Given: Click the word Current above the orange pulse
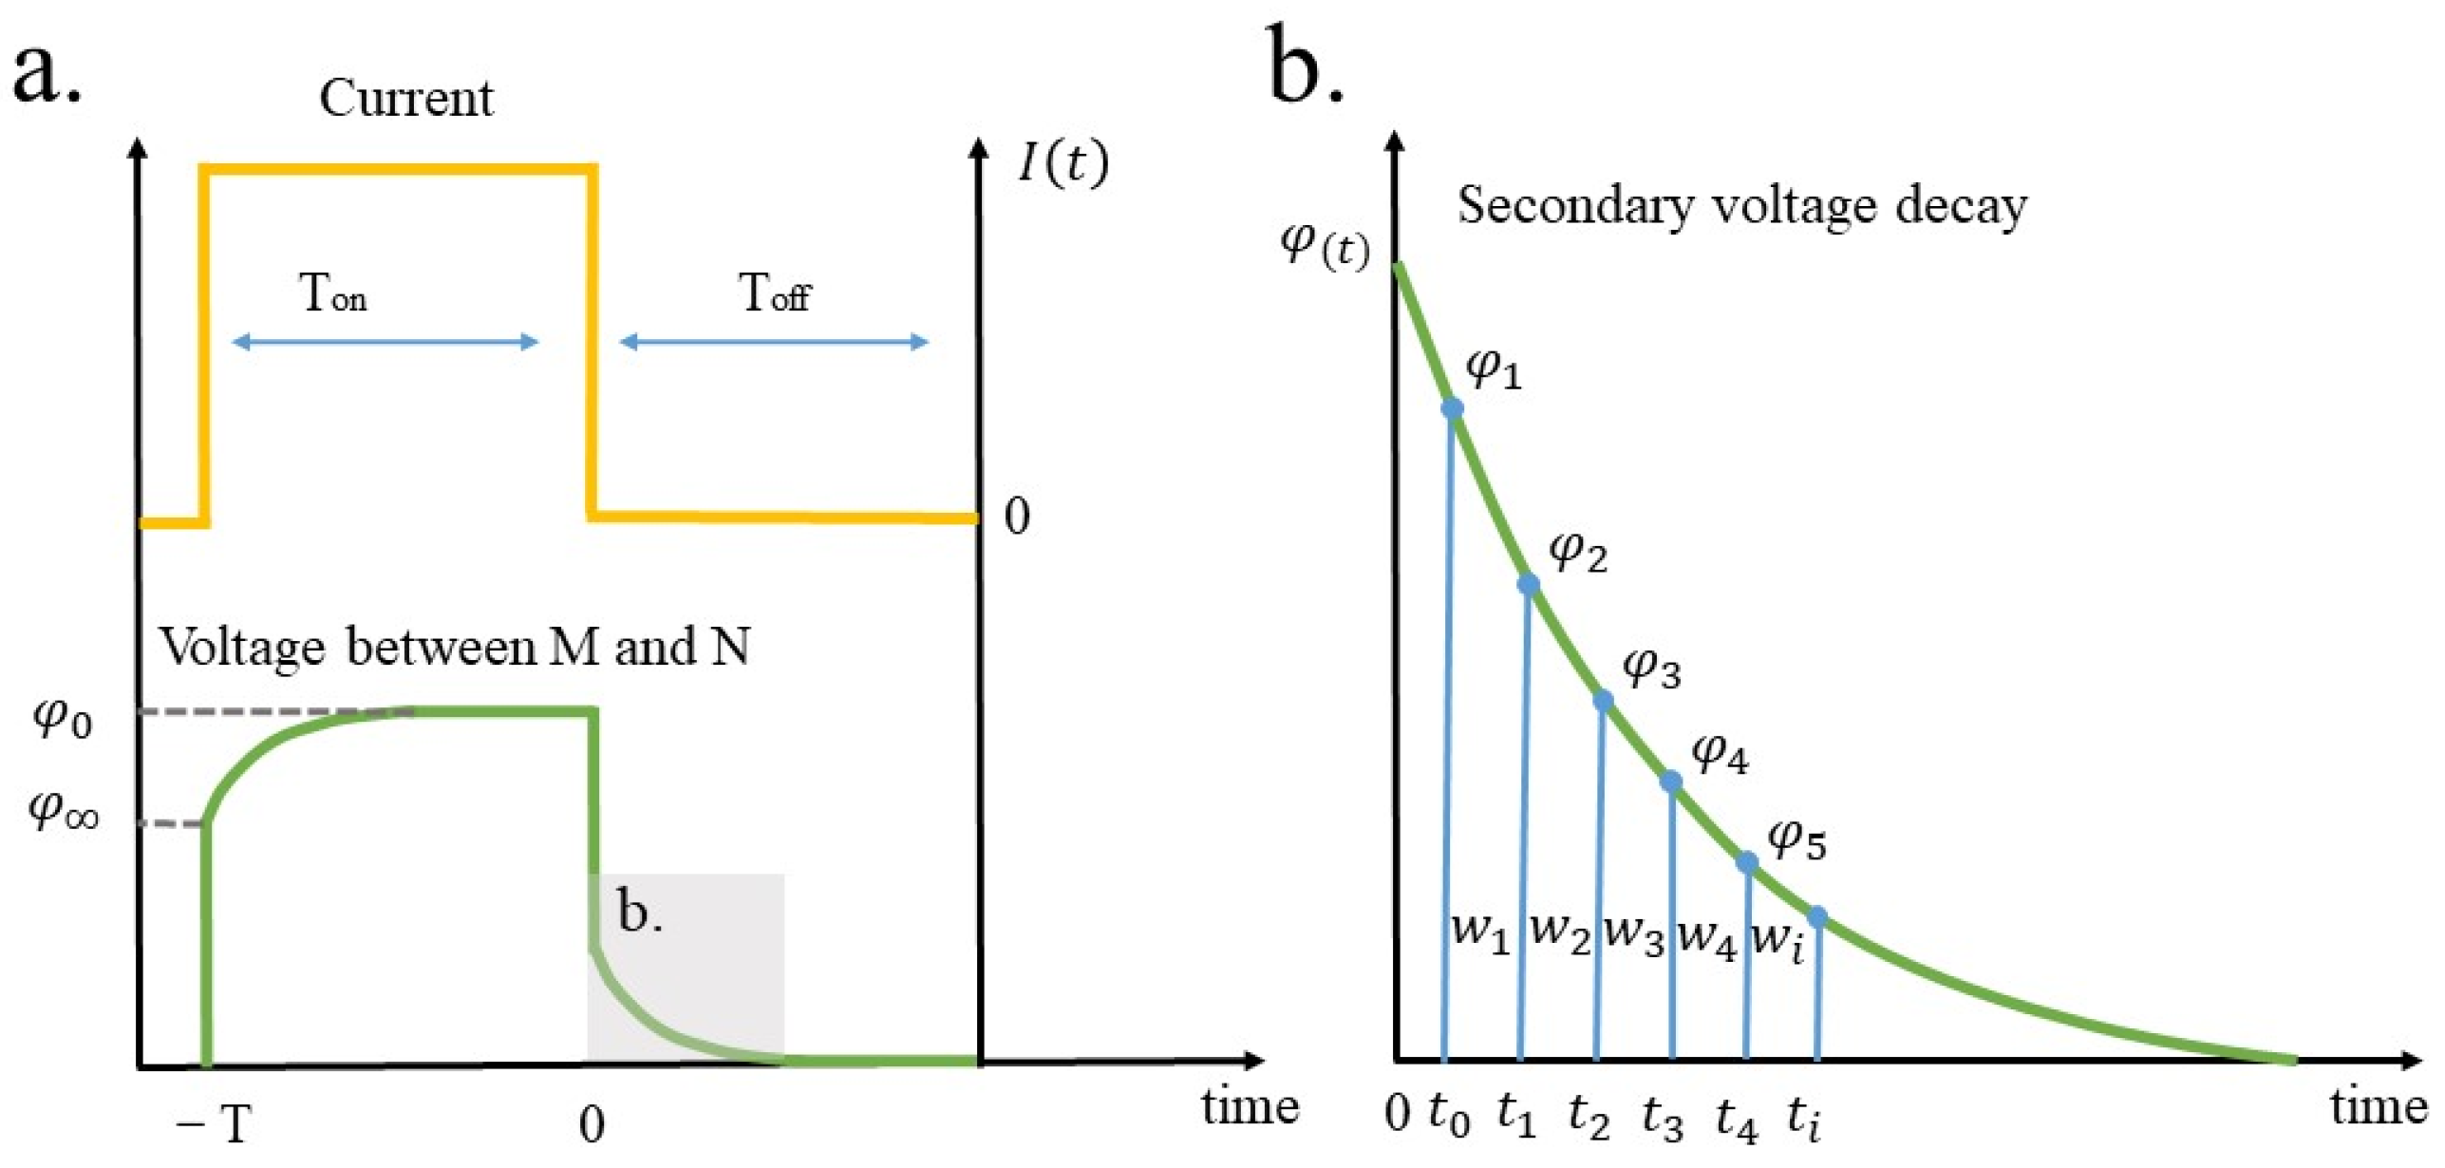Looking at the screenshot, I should [405, 98].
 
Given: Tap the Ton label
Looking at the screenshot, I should [332, 292].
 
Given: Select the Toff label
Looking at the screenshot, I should [774, 292].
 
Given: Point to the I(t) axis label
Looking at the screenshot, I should [1062, 163].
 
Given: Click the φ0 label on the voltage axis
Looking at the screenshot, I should [63, 719].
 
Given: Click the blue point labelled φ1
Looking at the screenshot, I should [1452, 408].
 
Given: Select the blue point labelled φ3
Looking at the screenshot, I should [1603, 701].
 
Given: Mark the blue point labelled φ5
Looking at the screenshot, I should [1747, 862].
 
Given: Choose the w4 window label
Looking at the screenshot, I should [1706, 938].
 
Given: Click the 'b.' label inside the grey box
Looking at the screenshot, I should [640, 912].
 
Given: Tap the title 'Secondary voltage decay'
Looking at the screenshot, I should [1741, 206].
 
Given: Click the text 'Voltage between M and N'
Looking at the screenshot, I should [454, 648].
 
